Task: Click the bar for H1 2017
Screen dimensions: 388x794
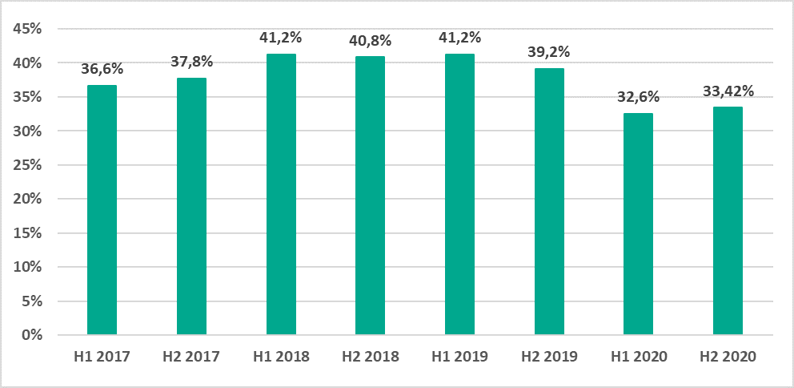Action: (x=102, y=210)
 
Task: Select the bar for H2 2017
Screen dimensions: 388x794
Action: (x=191, y=206)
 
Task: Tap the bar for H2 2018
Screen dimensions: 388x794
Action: (x=371, y=196)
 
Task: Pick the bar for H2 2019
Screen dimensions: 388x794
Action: (x=549, y=201)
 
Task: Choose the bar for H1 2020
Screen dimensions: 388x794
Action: (x=639, y=224)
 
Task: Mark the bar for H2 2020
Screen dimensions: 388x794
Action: (x=728, y=220)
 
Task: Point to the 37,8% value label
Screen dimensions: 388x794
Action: (x=191, y=62)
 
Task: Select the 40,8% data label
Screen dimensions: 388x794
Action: (x=371, y=41)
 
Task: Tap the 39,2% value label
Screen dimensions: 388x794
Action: (x=550, y=52)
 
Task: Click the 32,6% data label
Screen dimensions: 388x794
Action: (x=639, y=97)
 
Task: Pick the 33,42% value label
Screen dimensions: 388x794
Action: (x=728, y=91)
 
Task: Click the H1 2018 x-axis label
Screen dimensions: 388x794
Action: (x=281, y=357)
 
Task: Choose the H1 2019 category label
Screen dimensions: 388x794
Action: (x=460, y=357)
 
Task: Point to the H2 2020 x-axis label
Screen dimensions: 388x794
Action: (x=728, y=357)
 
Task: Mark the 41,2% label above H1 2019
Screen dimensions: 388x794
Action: (x=460, y=37)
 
